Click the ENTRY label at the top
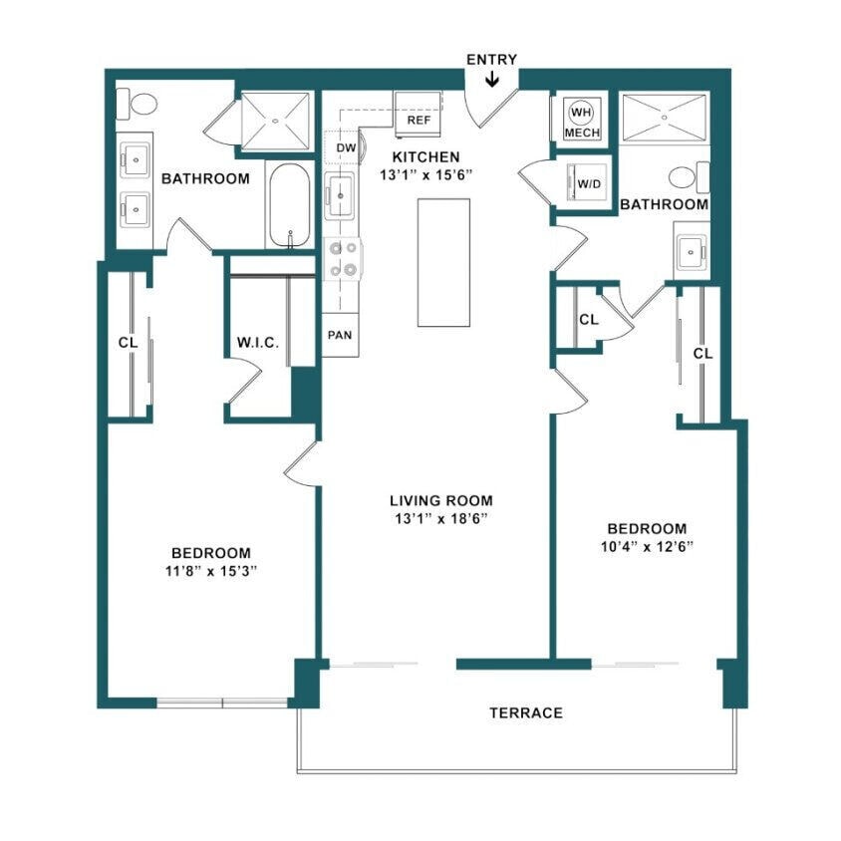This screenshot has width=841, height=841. pos(492,60)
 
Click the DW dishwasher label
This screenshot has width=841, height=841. pos(346,147)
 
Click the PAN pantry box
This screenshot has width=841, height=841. pos(339,335)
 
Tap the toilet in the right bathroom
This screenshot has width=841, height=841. pos(686,178)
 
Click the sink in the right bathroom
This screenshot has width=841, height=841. pos(693,253)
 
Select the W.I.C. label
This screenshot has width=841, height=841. pos(257,343)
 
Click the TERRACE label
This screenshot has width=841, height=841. pos(526,712)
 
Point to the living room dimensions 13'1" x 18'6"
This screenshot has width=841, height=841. pos(441,518)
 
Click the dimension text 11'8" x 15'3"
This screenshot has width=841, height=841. pos(210,571)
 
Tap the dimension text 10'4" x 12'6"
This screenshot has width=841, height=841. pos(647,546)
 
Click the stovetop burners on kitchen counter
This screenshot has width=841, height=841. pos(344,258)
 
